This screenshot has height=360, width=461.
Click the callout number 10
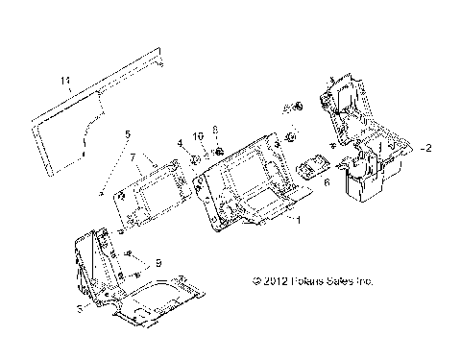point(199,137)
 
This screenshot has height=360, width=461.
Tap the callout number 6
point(327,180)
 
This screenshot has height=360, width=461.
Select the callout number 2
point(429,149)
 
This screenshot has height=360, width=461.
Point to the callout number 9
point(159,263)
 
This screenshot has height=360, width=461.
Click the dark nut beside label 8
point(220,149)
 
